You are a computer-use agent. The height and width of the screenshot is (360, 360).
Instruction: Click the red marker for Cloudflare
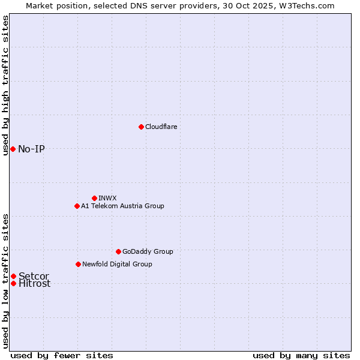141,127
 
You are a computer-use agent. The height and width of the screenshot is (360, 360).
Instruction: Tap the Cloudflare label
161,127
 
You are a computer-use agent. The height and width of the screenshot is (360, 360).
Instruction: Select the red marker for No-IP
13,149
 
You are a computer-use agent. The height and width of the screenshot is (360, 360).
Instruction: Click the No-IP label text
31,149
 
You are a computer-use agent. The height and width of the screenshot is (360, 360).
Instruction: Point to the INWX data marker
94,198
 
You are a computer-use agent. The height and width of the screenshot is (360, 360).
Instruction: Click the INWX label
107,199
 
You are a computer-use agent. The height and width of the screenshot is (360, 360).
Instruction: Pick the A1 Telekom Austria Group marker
77,206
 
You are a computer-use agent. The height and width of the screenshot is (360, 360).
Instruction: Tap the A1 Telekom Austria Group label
122,206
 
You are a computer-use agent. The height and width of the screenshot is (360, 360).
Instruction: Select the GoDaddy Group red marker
118,251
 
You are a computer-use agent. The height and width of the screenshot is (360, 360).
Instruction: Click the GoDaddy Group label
148,252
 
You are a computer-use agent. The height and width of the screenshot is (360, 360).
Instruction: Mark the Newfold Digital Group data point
78,264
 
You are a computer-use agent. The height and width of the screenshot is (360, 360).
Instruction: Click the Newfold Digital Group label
117,265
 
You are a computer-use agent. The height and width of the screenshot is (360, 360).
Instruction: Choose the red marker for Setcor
13,276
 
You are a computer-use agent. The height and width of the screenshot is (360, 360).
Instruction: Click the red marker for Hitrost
13,283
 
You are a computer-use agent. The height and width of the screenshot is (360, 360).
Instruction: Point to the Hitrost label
34,284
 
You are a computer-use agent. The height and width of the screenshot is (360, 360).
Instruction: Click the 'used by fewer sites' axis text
62,356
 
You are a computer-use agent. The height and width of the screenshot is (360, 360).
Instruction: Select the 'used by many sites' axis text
301,356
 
